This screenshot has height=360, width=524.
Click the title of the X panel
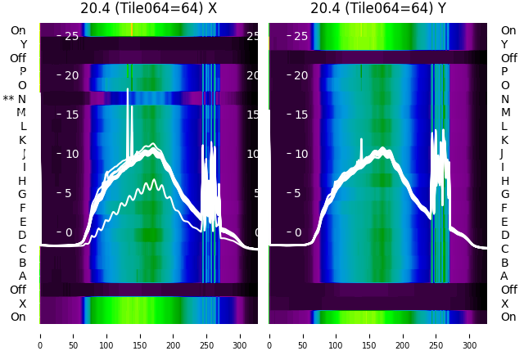point(148,9)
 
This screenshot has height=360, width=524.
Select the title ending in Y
point(378,9)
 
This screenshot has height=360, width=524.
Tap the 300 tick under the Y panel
point(470,335)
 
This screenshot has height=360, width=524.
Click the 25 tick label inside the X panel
point(71,36)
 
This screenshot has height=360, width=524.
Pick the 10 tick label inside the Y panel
point(300,154)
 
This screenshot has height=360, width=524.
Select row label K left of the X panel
point(23,140)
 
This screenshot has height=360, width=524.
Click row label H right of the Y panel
point(504,181)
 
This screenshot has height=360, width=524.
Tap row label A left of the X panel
point(23,276)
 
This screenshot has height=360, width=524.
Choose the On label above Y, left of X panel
point(18,30)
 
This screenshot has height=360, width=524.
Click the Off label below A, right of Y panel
point(508,290)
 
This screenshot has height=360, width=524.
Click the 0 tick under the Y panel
point(269,335)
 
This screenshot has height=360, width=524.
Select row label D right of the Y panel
point(504,236)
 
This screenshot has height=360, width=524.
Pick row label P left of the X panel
point(23,71)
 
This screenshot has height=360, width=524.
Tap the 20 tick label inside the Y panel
point(300,75)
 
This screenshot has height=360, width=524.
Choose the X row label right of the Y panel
point(504,304)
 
